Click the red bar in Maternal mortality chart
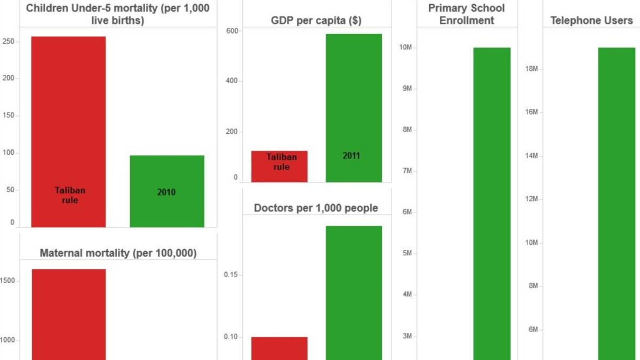[68, 315]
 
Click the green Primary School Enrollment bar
[492, 203]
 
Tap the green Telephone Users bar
[616, 203]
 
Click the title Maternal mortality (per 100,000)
[118, 253]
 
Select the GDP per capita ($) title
[316, 21]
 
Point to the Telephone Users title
[591, 21]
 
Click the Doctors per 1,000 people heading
[316, 208]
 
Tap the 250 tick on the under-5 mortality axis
[10, 42]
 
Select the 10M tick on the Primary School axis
[406, 47]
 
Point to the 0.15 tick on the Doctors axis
[230, 275]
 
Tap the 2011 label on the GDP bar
[352, 156]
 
